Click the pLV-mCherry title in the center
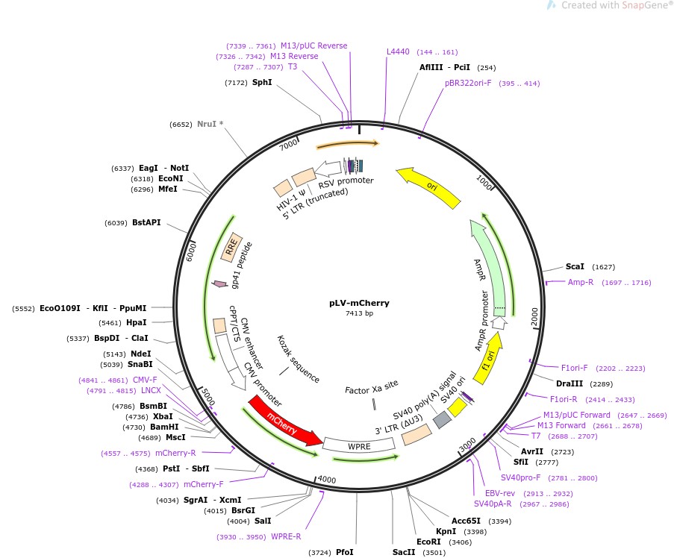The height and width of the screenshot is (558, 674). pos(359,304)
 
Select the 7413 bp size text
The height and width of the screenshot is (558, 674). pos(359,314)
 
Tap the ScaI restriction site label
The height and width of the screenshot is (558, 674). pos(575,266)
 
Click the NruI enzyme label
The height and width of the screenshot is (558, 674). pos(210,125)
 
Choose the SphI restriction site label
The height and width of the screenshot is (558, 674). pos(262,82)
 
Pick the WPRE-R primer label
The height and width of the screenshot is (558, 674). pos(286,536)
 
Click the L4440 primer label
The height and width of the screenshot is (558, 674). pos(398,51)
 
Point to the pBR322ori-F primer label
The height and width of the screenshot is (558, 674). pos(468,84)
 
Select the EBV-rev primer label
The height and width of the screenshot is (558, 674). pos(499,493)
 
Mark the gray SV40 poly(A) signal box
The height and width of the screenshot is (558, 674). pos(442,420)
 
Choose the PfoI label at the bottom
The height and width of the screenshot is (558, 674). pos(344,552)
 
